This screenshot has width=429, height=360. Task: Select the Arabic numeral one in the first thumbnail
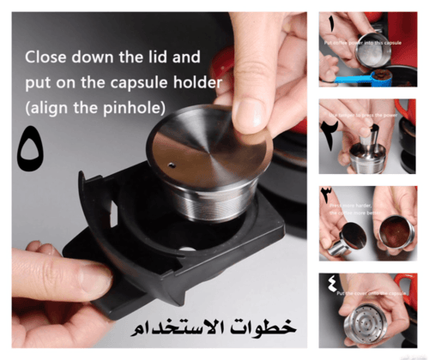coord(331,23)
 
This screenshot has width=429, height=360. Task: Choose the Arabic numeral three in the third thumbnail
coord(329,195)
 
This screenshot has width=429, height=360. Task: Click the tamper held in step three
coord(337,237)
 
